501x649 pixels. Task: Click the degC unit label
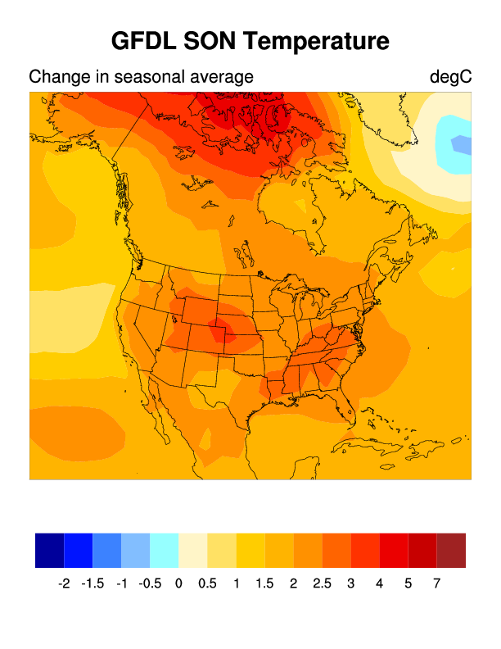450,78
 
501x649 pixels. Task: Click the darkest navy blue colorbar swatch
49,550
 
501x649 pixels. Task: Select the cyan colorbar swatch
165,550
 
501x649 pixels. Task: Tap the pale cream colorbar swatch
193,550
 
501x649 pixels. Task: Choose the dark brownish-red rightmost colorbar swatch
451,550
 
